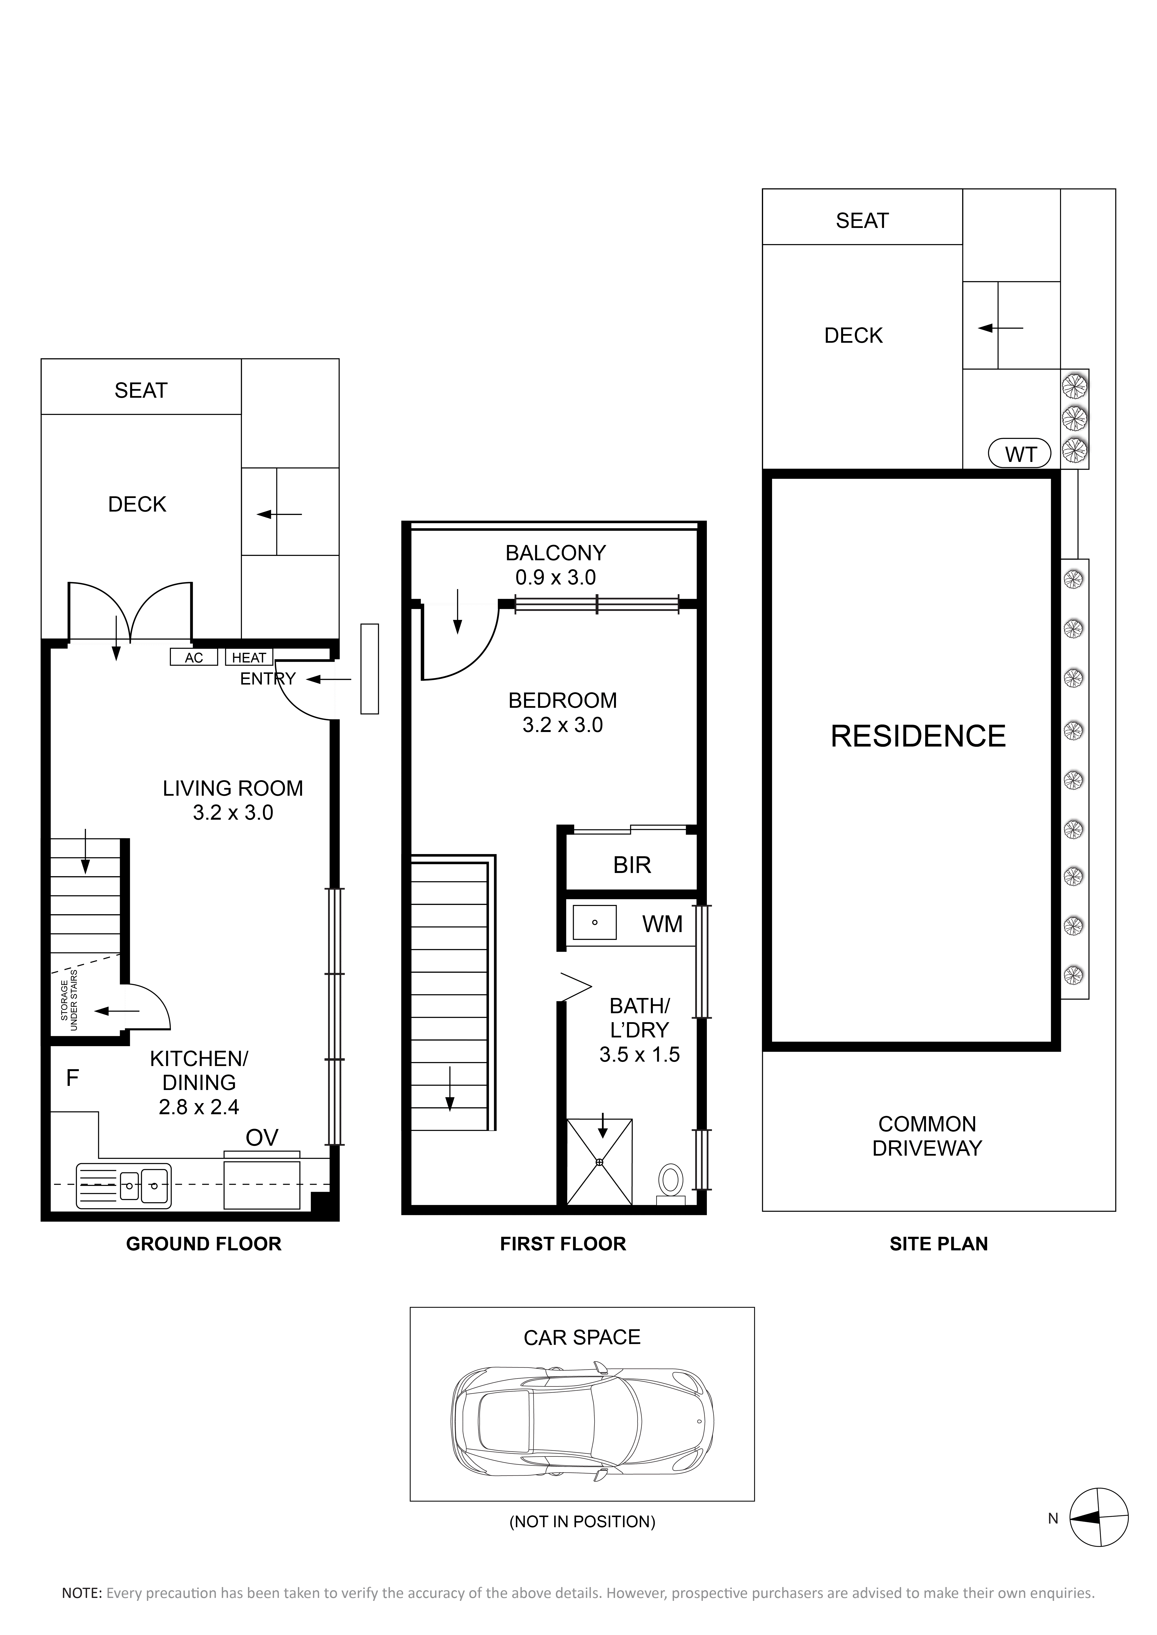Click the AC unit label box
pyautogui.click(x=194, y=657)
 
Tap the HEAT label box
pyautogui.click(x=249, y=657)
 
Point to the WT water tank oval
pyautogui.click(x=1020, y=454)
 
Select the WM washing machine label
pyautogui.click(x=662, y=924)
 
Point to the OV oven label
pyautogui.click(x=262, y=1138)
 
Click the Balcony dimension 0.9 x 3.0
pyautogui.click(x=556, y=577)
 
